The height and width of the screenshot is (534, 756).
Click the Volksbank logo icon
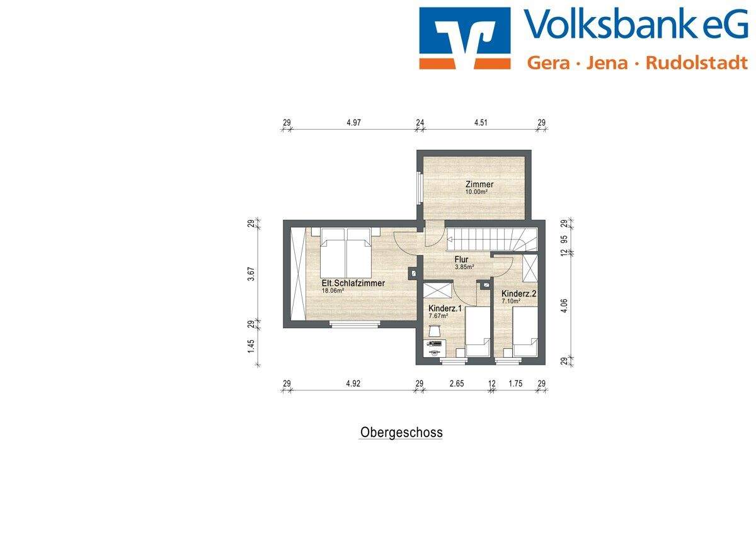(x=464, y=38)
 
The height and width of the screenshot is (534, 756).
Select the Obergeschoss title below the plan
(x=401, y=433)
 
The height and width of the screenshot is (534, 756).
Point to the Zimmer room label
(x=479, y=185)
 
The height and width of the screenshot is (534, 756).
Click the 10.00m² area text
(x=476, y=192)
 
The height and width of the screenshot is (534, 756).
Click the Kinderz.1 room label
(x=445, y=309)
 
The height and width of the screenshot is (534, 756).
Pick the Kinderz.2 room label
(x=518, y=293)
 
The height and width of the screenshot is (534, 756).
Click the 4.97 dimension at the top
(x=354, y=123)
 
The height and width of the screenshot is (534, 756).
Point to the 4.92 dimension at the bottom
(x=354, y=383)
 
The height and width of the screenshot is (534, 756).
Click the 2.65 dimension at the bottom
(x=456, y=383)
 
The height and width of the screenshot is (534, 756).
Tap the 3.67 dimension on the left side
(x=251, y=274)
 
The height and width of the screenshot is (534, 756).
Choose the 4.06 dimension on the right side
(x=564, y=307)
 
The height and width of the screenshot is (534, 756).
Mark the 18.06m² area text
(x=333, y=291)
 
